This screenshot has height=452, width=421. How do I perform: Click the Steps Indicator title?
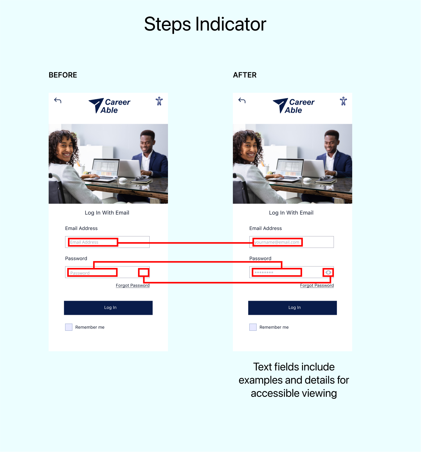[x=205, y=24]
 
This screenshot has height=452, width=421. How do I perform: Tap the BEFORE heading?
[x=63, y=75]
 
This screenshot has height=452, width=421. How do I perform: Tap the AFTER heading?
[x=245, y=75]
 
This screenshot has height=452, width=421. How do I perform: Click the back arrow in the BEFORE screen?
[x=58, y=100]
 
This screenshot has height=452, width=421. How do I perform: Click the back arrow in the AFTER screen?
[x=242, y=100]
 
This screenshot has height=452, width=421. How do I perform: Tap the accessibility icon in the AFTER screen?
[x=343, y=101]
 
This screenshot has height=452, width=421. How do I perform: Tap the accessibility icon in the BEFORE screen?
[x=159, y=101]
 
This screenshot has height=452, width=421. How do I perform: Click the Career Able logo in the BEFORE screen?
[x=110, y=106]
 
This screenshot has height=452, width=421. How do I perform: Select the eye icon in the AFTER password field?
[x=328, y=273]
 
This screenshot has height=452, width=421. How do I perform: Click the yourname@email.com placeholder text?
[x=277, y=242]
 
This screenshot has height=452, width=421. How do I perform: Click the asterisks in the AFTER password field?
[x=264, y=273]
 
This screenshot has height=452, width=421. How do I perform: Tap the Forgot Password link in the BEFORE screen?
[x=132, y=285]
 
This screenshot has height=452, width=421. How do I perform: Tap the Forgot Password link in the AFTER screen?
[x=317, y=285]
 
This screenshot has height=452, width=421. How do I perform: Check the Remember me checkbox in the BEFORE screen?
[x=69, y=327]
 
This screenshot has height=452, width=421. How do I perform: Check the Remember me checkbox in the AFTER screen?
[x=253, y=327]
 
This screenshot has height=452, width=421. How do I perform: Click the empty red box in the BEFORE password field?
[x=143, y=269]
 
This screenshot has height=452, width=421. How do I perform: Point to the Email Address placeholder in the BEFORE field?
[x=84, y=242]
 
